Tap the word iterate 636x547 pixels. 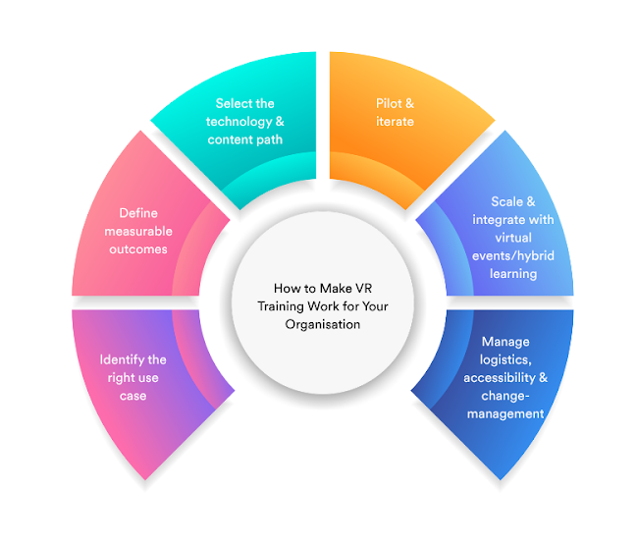tap(395, 122)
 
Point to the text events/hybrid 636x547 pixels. tap(514, 256)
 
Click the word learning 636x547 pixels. tap(514, 274)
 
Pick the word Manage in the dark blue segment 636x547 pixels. tap(505, 342)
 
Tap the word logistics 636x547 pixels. tap(504, 359)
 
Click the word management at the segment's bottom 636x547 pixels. tap(505, 413)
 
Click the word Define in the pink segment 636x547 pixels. tap(138, 213)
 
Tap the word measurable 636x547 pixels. tap(138, 231)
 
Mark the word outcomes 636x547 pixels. tap(138, 249)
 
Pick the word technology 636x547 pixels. tap(236, 122)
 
